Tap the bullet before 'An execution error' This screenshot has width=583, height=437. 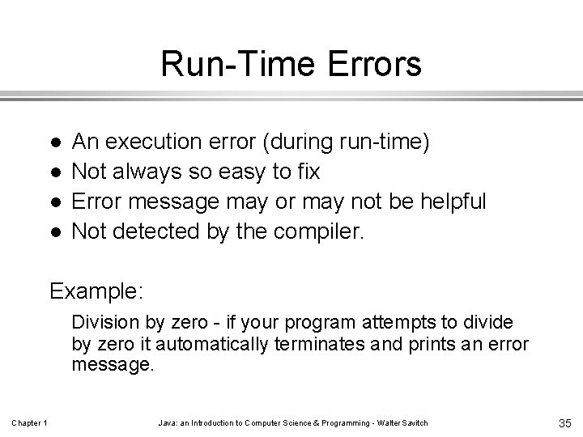tap(53, 142)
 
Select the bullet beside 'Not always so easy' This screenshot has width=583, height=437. tap(53, 172)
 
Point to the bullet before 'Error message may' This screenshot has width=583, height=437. tap(53, 202)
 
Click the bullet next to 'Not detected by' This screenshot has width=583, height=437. tap(53, 232)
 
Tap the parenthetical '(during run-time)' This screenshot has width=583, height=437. tap(347, 142)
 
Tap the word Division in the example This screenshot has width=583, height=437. tap(102, 323)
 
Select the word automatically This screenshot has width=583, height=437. tap(215, 344)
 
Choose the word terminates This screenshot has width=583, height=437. tap(323, 344)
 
